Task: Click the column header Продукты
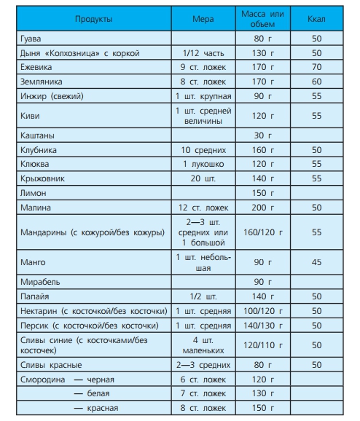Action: (93, 18)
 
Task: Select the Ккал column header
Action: (316, 18)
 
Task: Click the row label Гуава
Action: (31, 39)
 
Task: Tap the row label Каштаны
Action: (38, 136)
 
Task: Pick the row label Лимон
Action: (34, 193)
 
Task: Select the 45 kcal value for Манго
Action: (316, 262)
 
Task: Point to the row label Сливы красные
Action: (50, 365)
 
